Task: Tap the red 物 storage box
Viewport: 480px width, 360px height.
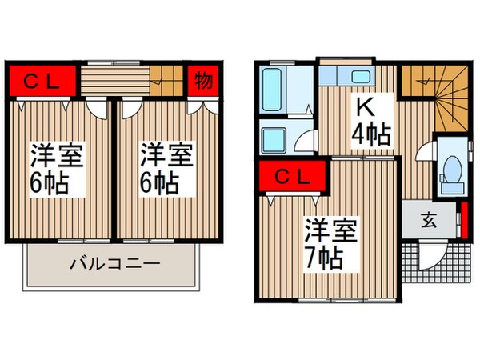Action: click(203, 81)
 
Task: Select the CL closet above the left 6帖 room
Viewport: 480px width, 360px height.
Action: click(43, 81)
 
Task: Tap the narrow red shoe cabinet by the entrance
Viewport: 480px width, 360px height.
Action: click(463, 220)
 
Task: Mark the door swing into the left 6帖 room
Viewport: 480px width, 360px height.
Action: click(96, 107)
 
